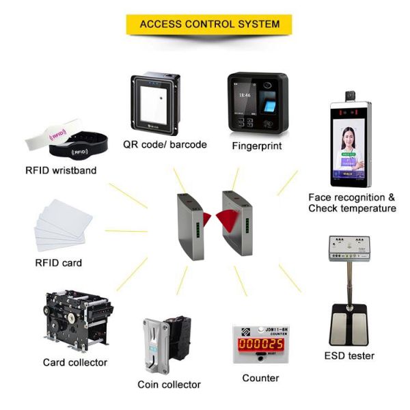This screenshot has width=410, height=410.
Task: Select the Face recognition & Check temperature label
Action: [x=352, y=202]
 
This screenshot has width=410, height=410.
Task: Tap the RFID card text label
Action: [x=58, y=262]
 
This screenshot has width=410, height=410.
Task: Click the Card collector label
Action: [x=75, y=362]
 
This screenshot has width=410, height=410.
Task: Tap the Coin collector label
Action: [x=169, y=384]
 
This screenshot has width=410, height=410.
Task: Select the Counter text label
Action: [x=260, y=378]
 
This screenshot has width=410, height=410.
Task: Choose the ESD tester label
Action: [x=349, y=356]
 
